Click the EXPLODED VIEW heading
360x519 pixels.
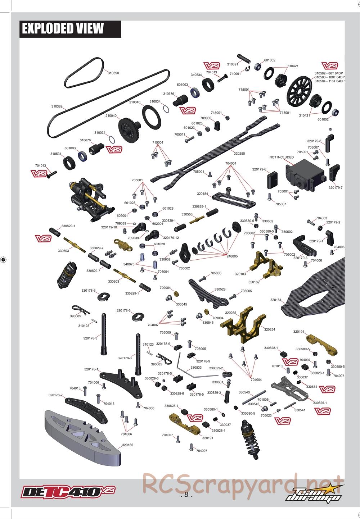[x=63, y=28]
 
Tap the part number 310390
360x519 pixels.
[x=113, y=73]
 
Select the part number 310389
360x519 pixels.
[x=57, y=106]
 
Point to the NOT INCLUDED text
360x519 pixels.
[x=282, y=157]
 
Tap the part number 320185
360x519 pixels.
[x=127, y=445]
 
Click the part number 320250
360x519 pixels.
[x=239, y=153]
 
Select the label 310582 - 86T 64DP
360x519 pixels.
[x=329, y=73]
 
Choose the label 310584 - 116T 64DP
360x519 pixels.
[x=329, y=81]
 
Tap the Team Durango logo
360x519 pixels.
[x=314, y=493]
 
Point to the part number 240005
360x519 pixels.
[x=232, y=256]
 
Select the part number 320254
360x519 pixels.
[x=270, y=329]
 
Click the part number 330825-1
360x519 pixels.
[x=320, y=403]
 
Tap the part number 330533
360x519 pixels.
[x=196, y=368]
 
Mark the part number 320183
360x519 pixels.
[x=240, y=274]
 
